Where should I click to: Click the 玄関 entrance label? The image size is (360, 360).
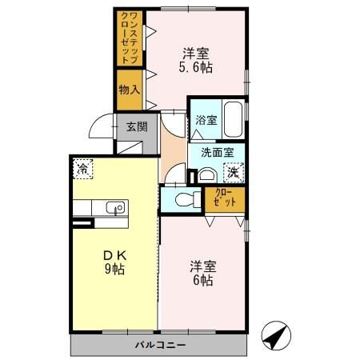tap(137, 126)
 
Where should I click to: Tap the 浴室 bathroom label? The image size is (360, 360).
tap(206, 120)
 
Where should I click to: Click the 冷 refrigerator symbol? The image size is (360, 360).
tap(82, 169)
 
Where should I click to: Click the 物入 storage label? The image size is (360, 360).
tap(130, 88)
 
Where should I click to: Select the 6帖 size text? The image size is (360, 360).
tap(201, 281)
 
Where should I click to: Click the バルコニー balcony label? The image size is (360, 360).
tap(158, 346)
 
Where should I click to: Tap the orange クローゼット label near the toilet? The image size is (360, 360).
tap(225, 198)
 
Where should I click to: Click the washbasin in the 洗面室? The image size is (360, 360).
tap(206, 175)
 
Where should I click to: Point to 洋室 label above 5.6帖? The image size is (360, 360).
tap(196, 54)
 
